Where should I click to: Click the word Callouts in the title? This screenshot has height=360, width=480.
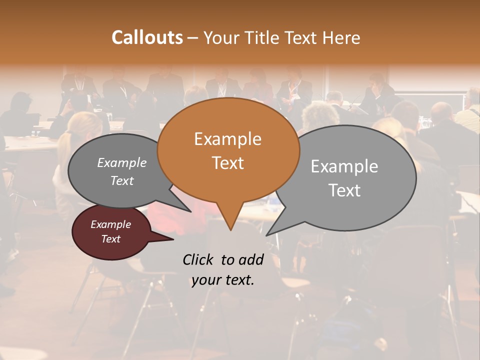[147, 37]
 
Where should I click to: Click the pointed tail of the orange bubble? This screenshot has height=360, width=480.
[230, 228]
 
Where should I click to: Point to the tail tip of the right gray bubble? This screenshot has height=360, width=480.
[267, 234]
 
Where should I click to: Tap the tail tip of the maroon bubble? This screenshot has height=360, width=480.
[172, 239]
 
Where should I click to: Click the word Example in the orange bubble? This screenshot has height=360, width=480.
[227, 138]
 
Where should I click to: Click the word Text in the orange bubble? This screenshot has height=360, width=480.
[228, 162]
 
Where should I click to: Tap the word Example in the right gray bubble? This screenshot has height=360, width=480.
[344, 166]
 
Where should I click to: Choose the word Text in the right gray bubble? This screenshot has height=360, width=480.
[344, 190]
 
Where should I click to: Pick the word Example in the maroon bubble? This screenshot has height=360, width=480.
[110, 224]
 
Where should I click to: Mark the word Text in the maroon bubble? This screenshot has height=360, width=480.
[110, 239]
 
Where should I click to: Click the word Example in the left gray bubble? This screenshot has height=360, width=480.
[122, 162]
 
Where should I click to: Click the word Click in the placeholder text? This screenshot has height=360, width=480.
[199, 259]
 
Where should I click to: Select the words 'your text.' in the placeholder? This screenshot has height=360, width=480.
[222, 280]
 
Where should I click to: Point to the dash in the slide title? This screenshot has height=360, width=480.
[193, 38]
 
